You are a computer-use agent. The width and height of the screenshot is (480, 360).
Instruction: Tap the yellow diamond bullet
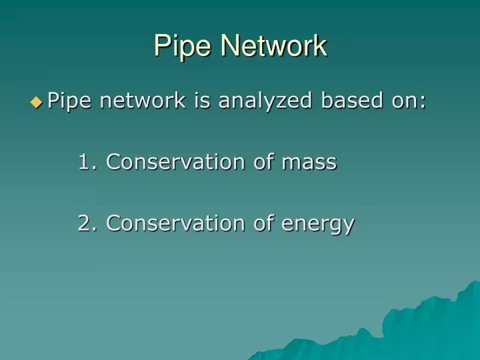pyautogui.click(x=36, y=102)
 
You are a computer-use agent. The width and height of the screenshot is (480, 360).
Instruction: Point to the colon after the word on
pyautogui.click(x=422, y=102)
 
